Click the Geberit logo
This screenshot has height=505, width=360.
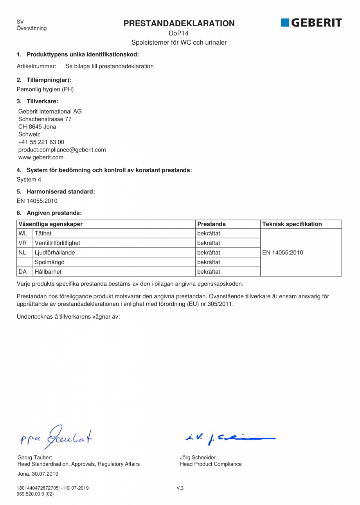pos(311,23)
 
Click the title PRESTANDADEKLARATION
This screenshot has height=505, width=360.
pos(179,23)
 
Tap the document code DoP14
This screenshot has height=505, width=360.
pos(179,34)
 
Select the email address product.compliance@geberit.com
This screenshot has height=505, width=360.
pos(62,150)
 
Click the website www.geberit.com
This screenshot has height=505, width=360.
pos(41,157)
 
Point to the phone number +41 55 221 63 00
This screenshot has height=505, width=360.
pos(41,142)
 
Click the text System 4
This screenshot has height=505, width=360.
pos(29,179)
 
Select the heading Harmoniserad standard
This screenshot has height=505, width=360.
pos(61,192)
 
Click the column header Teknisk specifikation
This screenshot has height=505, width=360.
pos(292,224)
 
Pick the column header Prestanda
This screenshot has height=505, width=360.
pos(211,224)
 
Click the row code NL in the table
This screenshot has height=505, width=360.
pos(22,252)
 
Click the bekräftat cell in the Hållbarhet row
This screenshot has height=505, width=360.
pos(209,271)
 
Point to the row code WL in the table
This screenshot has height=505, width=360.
pos(22,234)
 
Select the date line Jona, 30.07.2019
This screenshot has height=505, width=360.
pos(38,474)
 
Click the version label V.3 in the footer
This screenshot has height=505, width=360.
pos(180,488)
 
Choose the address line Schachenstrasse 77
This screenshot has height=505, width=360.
pos(45,119)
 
